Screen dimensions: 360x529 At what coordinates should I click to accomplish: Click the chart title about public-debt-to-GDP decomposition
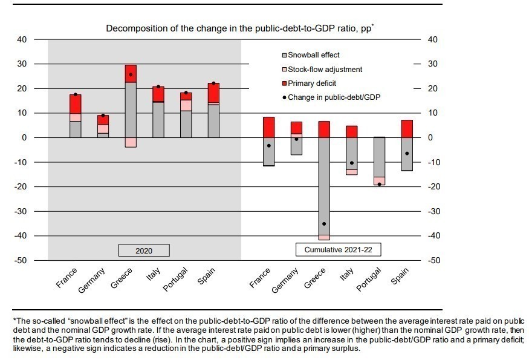(240, 28)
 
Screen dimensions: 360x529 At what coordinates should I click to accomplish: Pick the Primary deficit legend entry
(312, 83)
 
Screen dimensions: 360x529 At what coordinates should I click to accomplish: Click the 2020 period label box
(144, 250)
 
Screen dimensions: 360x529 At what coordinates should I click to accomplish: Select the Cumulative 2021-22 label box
(339, 249)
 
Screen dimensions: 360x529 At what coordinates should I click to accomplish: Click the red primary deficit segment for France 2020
(76, 104)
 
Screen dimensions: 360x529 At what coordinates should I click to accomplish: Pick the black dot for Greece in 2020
(131, 74)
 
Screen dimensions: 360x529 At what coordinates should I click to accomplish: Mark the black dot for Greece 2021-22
(324, 224)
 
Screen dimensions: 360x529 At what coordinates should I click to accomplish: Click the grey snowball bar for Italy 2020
(158, 120)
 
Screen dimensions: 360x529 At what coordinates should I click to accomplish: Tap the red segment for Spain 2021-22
(406, 129)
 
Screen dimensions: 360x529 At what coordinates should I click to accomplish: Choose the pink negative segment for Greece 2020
(131, 142)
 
